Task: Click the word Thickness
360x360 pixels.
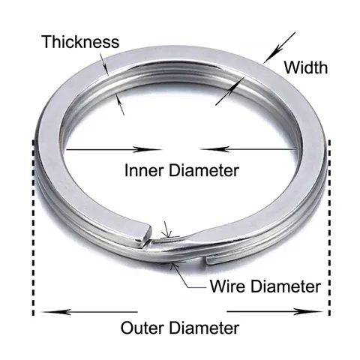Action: point(81,42)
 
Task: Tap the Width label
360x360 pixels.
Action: point(305,67)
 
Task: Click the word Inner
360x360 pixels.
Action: point(144,170)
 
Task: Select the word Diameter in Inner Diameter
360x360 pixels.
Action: point(204,170)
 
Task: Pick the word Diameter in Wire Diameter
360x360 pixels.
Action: point(286,286)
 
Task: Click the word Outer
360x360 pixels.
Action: point(142,328)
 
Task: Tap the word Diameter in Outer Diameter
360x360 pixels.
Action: point(204,328)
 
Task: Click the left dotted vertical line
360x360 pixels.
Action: point(33,227)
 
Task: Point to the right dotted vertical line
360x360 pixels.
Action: point(329,227)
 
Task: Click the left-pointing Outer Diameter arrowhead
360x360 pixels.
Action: point(56,312)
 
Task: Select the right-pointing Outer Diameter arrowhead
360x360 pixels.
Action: point(308,312)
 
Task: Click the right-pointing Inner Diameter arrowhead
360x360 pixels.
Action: point(147,150)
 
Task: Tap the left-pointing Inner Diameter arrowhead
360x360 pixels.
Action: point(214,149)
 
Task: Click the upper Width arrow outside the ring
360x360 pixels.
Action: point(280,47)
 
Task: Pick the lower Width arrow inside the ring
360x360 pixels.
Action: point(230,91)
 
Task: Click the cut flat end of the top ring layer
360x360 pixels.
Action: point(146,235)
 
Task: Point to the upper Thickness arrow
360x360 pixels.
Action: point(104,64)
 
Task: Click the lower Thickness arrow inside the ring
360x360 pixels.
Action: point(120,103)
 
